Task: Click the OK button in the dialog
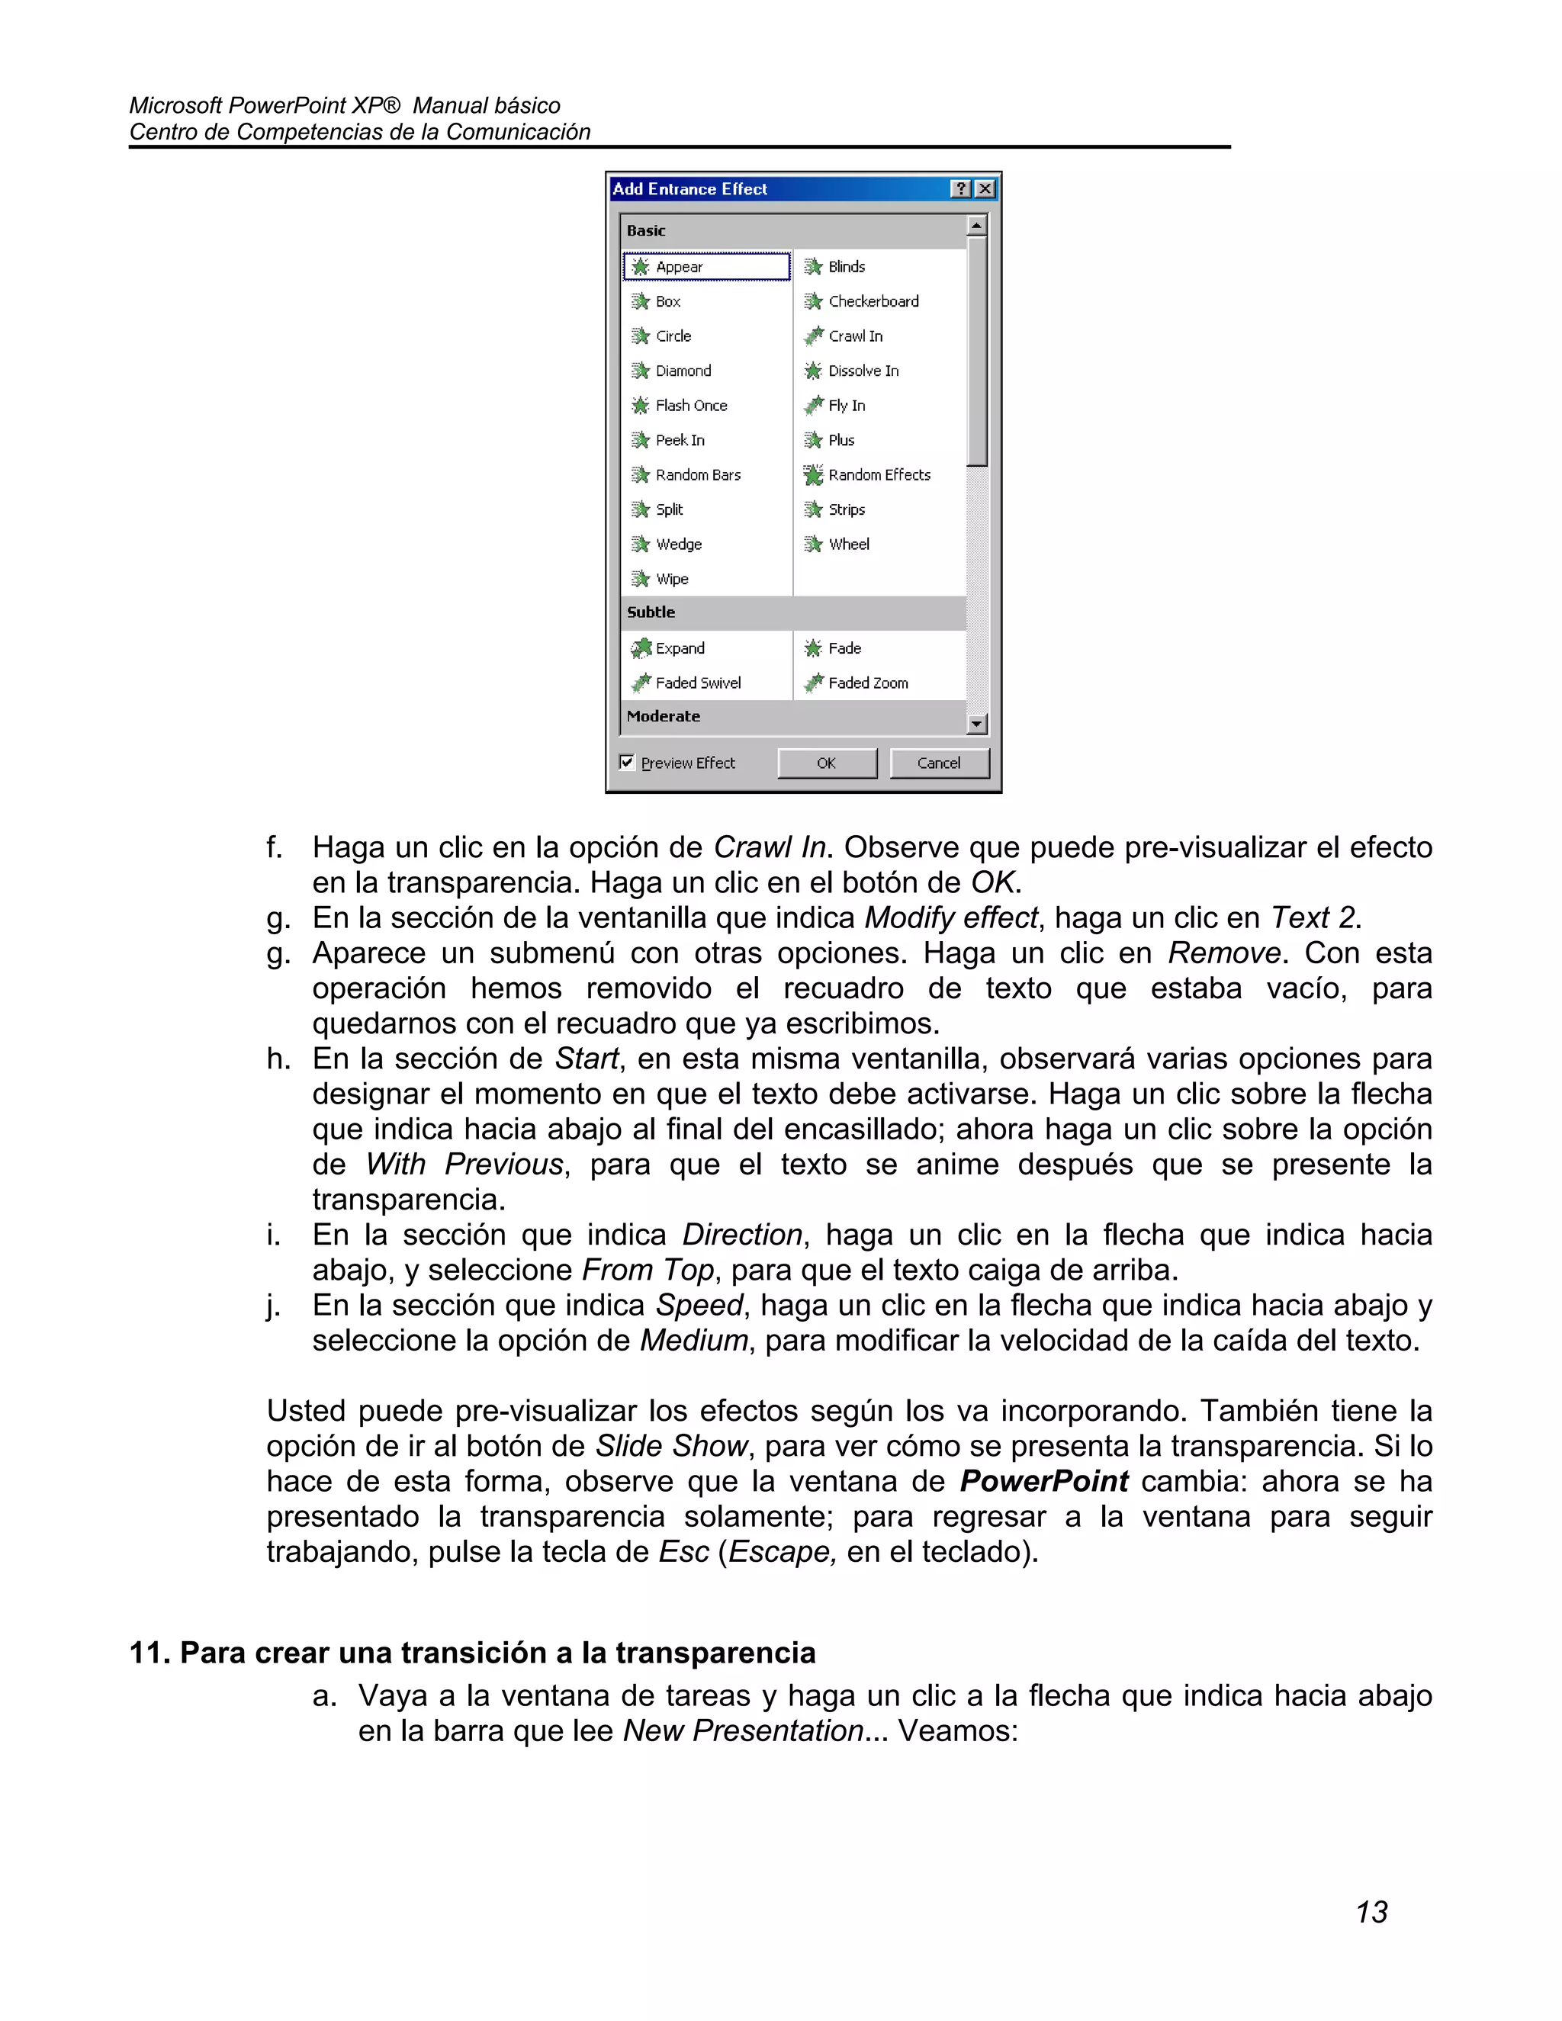(x=826, y=763)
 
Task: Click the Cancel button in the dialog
(x=938, y=763)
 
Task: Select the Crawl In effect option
(x=855, y=336)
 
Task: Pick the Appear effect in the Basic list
(x=680, y=266)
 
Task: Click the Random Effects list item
(x=878, y=474)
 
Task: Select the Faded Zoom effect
(x=867, y=683)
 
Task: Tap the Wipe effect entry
(x=671, y=580)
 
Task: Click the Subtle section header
(x=651, y=612)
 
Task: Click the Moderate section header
(x=664, y=716)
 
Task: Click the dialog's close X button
(x=985, y=189)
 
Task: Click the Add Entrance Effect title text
(x=689, y=189)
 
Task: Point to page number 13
(x=1371, y=1912)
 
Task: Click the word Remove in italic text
(x=1223, y=953)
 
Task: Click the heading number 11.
(x=148, y=1653)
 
